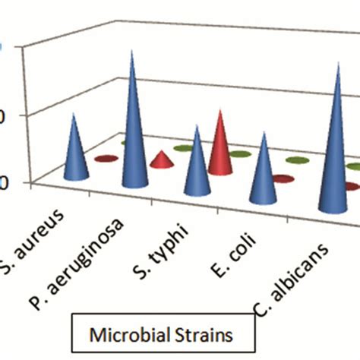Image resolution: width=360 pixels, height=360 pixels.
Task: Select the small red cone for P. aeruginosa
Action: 161,160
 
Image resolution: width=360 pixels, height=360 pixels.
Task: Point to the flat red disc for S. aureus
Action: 106,158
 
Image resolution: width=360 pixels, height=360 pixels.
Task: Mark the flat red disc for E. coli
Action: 283,179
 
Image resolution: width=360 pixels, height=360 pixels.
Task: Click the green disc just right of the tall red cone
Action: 241,153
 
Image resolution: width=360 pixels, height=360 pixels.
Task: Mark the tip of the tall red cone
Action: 221,111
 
